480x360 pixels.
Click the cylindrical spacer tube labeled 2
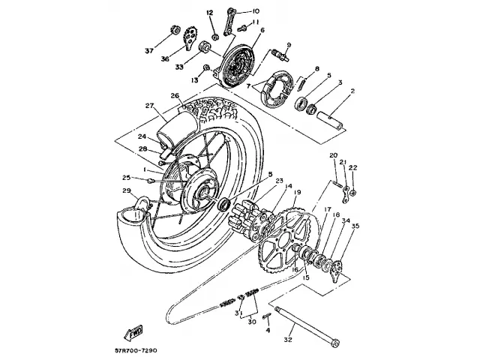(331, 117)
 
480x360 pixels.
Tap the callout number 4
(268, 329)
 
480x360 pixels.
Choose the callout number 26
(174, 95)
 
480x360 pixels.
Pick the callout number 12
(211, 13)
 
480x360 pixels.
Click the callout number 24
(141, 136)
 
